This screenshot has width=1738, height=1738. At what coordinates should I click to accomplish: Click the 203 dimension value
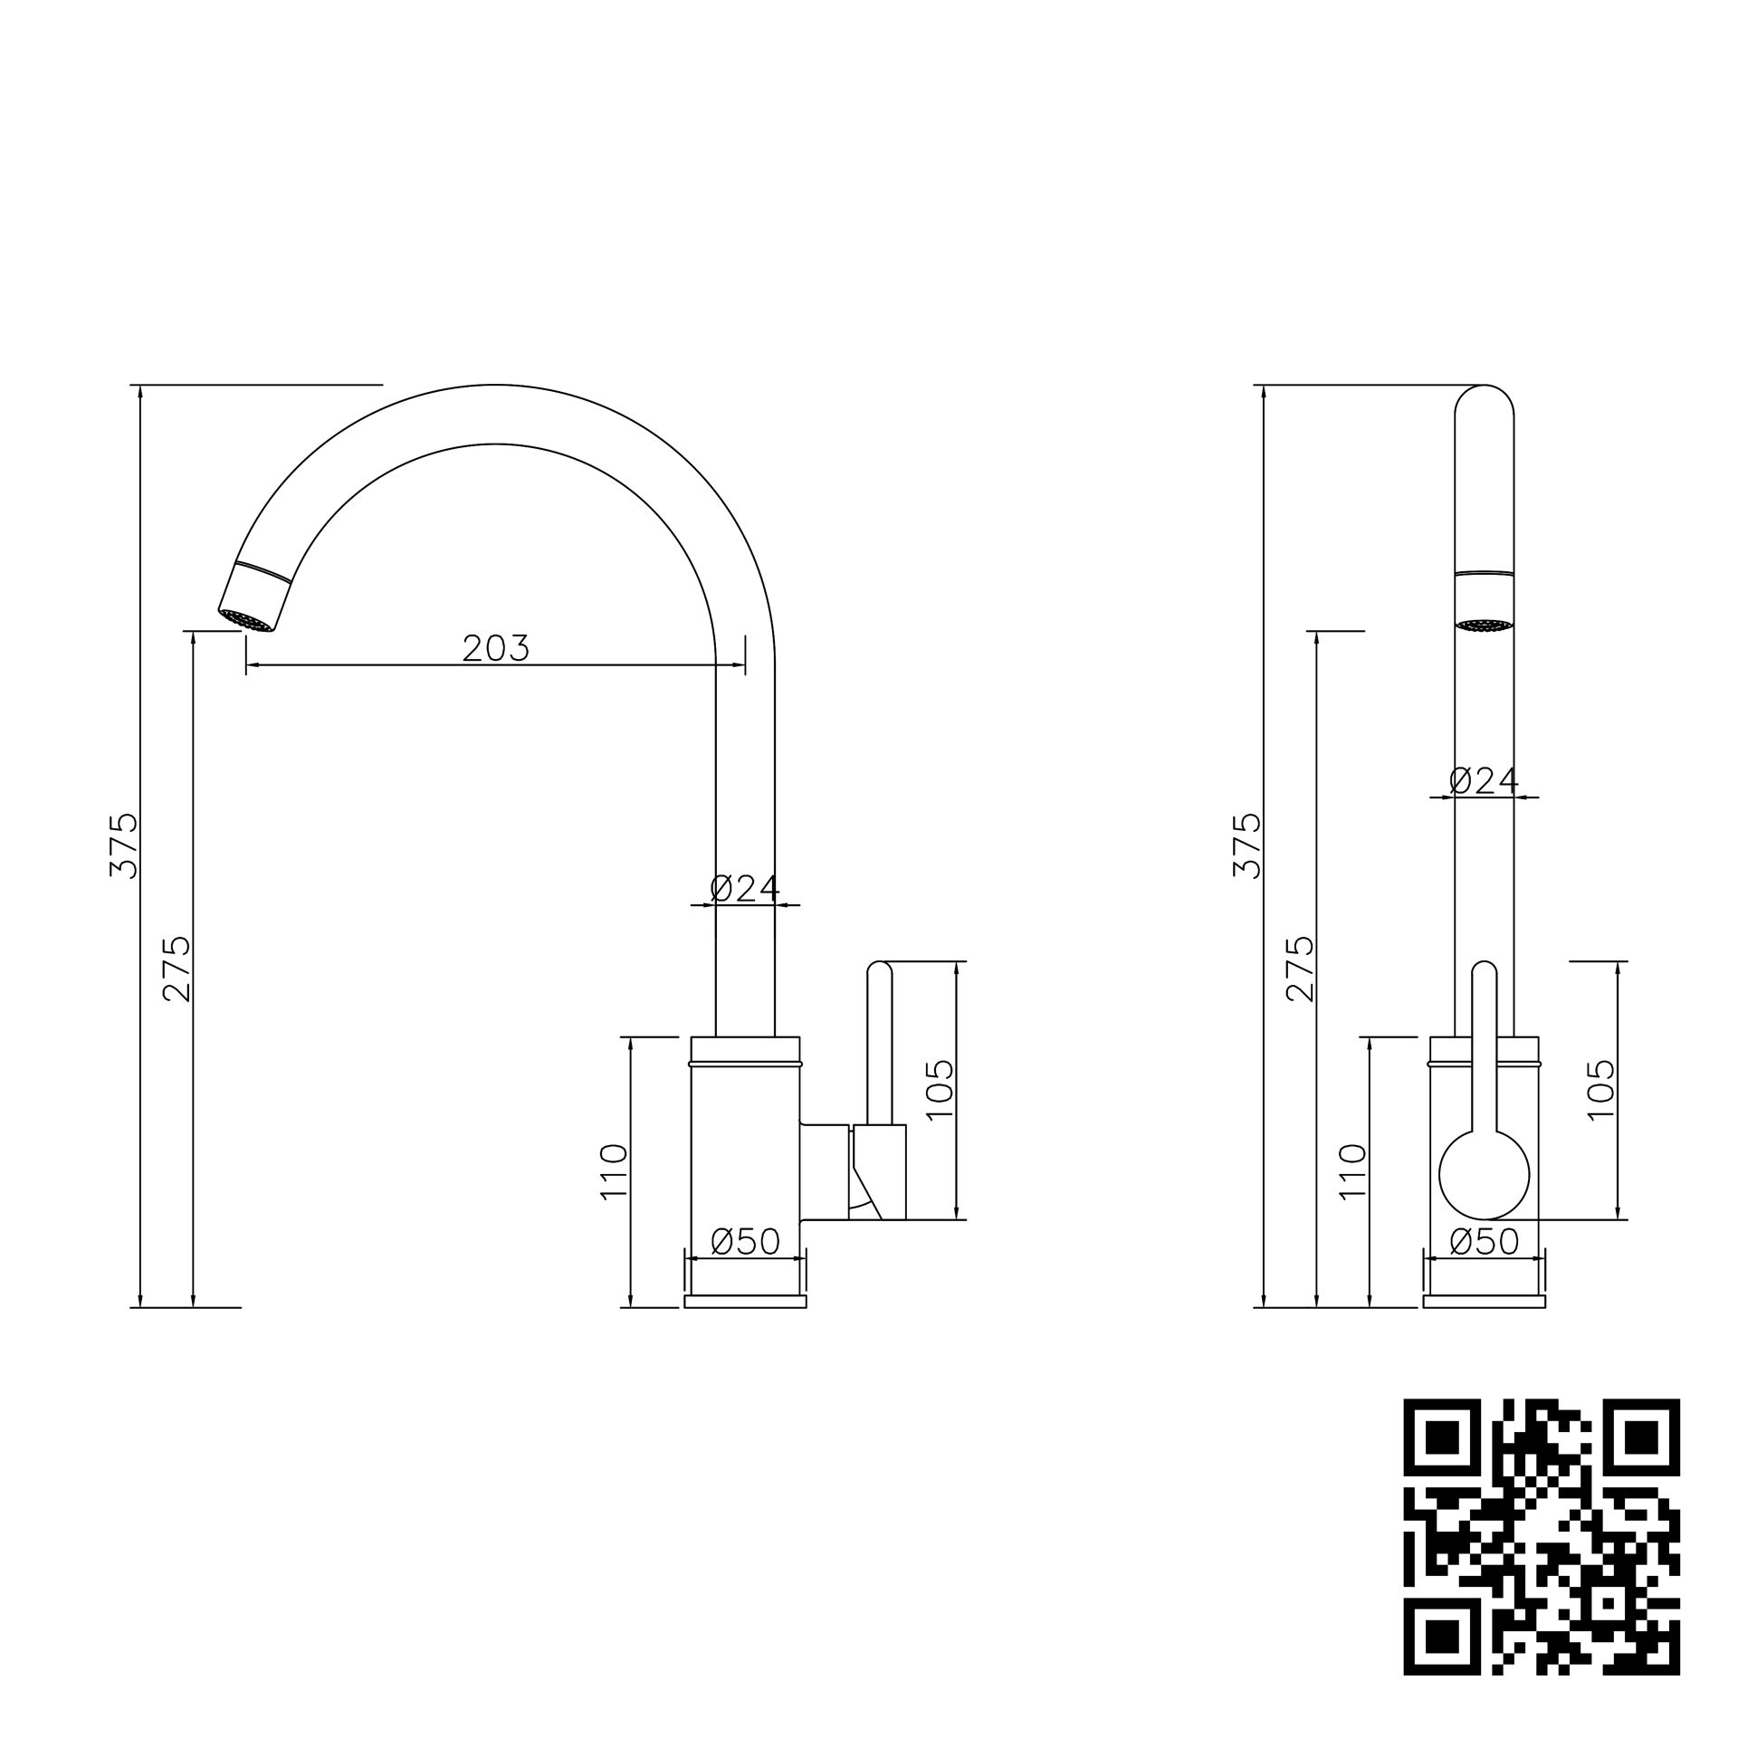(x=495, y=648)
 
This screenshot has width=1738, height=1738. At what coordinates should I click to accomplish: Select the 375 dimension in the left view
(x=123, y=845)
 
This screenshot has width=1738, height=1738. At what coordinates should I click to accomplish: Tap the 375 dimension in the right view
(x=1246, y=845)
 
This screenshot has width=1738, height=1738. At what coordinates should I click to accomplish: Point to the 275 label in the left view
(x=177, y=969)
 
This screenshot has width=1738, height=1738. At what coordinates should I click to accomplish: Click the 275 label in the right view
(x=1300, y=969)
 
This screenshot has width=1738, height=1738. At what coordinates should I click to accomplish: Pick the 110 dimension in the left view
(x=614, y=1171)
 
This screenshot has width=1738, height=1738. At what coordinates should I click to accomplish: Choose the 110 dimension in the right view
(x=1352, y=1171)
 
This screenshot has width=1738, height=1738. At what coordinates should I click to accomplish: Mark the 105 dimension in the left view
(x=941, y=1089)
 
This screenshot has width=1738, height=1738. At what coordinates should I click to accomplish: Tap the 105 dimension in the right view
(x=1601, y=1089)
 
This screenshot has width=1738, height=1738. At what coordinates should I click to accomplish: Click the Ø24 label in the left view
(x=744, y=889)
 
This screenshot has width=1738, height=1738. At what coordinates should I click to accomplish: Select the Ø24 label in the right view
(x=1484, y=780)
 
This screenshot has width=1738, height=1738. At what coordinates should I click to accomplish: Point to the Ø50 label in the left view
(x=744, y=1242)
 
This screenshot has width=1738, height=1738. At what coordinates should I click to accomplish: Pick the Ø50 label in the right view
(x=1484, y=1241)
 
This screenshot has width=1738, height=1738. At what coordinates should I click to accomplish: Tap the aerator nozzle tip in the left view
(x=247, y=620)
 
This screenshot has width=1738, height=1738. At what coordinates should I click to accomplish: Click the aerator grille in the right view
(x=1484, y=625)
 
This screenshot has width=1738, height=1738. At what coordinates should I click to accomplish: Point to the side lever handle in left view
(x=879, y=1041)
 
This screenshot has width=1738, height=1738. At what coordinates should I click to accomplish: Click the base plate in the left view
(x=745, y=1302)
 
